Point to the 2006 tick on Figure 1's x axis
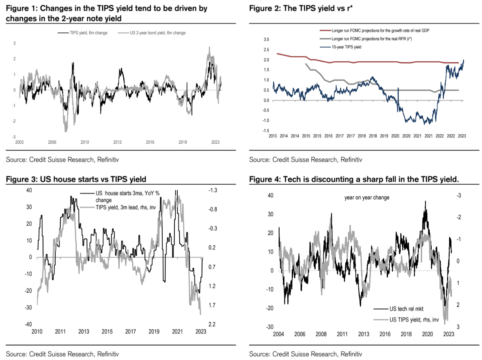click(52, 142)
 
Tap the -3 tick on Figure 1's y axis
click(14, 137)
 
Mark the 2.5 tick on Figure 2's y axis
click(266, 50)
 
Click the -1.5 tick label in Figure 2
click(266, 131)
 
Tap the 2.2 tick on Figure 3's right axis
click(212, 324)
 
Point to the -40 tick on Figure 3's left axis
click(28, 324)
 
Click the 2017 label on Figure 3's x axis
click(131, 332)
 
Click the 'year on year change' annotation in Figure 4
click(367, 197)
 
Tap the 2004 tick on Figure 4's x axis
click(278, 334)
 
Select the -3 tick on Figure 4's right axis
click(458, 196)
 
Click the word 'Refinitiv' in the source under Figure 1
click(108, 160)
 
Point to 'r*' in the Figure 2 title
click(350, 8)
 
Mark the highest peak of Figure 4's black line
click(426, 201)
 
